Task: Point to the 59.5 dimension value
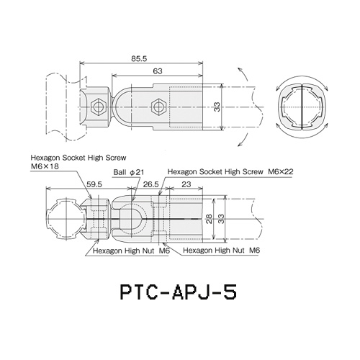click(x=94, y=184)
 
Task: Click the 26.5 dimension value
click(x=150, y=184)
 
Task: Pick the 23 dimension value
click(x=187, y=184)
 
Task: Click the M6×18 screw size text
click(x=45, y=166)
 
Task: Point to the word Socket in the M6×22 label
click(x=206, y=173)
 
